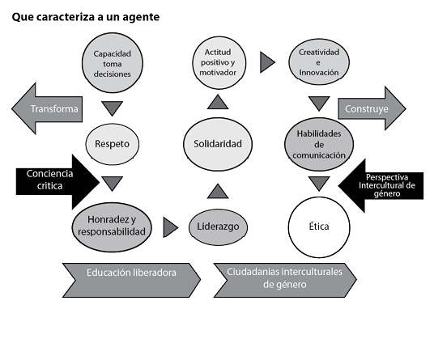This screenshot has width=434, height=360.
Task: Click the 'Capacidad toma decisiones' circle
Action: pos(113,63)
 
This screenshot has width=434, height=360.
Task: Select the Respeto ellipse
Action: pos(112,144)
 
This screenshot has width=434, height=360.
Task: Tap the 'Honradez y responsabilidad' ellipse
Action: pos(112,227)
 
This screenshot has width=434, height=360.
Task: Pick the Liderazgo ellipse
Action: pos(218,227)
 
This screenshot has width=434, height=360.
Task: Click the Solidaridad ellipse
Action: pos(218,144)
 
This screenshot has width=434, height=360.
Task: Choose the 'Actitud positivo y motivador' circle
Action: pos(219,62)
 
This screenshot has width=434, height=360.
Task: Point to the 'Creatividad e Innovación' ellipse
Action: pos(319,62)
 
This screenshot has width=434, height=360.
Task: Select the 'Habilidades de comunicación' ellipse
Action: pos(319,144)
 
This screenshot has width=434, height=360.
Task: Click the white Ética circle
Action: pos(319,227)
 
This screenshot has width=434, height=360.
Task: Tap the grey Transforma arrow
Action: pos(47,108)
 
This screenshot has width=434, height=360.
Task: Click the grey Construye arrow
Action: pos(372,108)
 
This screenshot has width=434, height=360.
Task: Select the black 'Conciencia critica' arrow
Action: pos(57,182)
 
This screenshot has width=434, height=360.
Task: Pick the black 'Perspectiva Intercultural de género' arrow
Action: pos(381,185)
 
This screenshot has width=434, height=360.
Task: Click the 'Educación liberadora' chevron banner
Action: pos(131,280)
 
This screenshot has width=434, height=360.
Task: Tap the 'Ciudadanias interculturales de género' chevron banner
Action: pos(285,280)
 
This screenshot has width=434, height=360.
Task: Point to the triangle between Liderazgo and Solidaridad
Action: pos(218,193)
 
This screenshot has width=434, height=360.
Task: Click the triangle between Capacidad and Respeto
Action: pos(112,108)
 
